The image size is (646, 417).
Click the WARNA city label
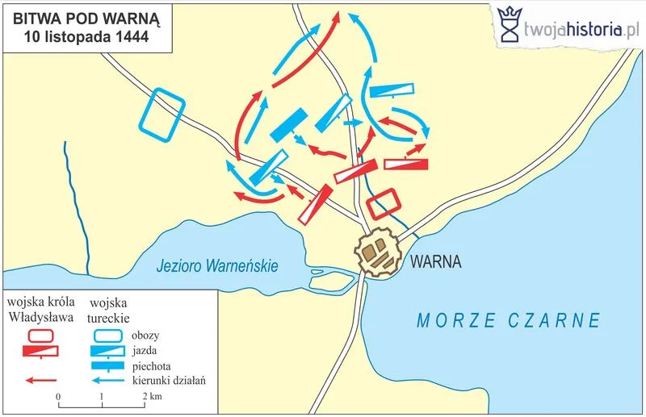[435, 262]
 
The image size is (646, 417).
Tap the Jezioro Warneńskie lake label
[218, 265]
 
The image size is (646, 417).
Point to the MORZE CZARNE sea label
[509, 320]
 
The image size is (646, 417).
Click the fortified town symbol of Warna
[380, 252]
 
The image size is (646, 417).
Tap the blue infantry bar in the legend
[108, 365]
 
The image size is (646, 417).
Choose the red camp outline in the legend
[40, 334]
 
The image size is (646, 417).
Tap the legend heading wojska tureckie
[110, 310]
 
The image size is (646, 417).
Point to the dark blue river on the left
[77, 202]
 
